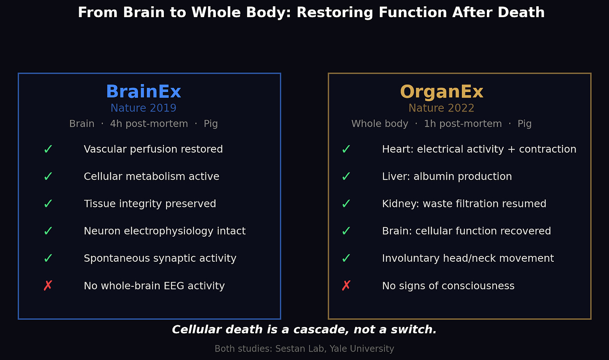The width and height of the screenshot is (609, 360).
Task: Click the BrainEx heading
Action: [x=143, y=92]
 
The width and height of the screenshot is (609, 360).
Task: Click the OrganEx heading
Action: [x=442, y=92]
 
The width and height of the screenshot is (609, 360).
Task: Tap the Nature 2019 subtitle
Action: [x=143, y=108]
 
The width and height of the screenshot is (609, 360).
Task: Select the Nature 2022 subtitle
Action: [x=441, y=108]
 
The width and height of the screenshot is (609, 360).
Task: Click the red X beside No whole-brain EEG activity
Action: [x=48, y=286]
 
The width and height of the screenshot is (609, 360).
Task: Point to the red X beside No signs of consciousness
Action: [x=346, y=286]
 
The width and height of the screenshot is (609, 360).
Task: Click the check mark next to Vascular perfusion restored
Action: [x=48, y=149]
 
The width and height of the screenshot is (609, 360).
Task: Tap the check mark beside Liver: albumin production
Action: [x=346, y=176]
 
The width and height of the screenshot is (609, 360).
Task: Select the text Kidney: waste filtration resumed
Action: [x=464, y=204]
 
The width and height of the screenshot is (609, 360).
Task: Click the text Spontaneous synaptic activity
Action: [x=160, y=258]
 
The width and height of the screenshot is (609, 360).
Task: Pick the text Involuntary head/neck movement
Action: [x=468, y=258]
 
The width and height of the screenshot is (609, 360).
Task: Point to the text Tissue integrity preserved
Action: [x=150, y=204]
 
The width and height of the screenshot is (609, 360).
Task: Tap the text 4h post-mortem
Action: [x=149, y=124]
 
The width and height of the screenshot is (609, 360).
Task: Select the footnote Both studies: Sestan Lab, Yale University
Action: [x=304, y=349]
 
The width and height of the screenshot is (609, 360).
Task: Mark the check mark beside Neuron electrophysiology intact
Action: [x=48, y=231]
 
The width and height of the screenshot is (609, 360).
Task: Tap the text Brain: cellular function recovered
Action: [x=466, y=231]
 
